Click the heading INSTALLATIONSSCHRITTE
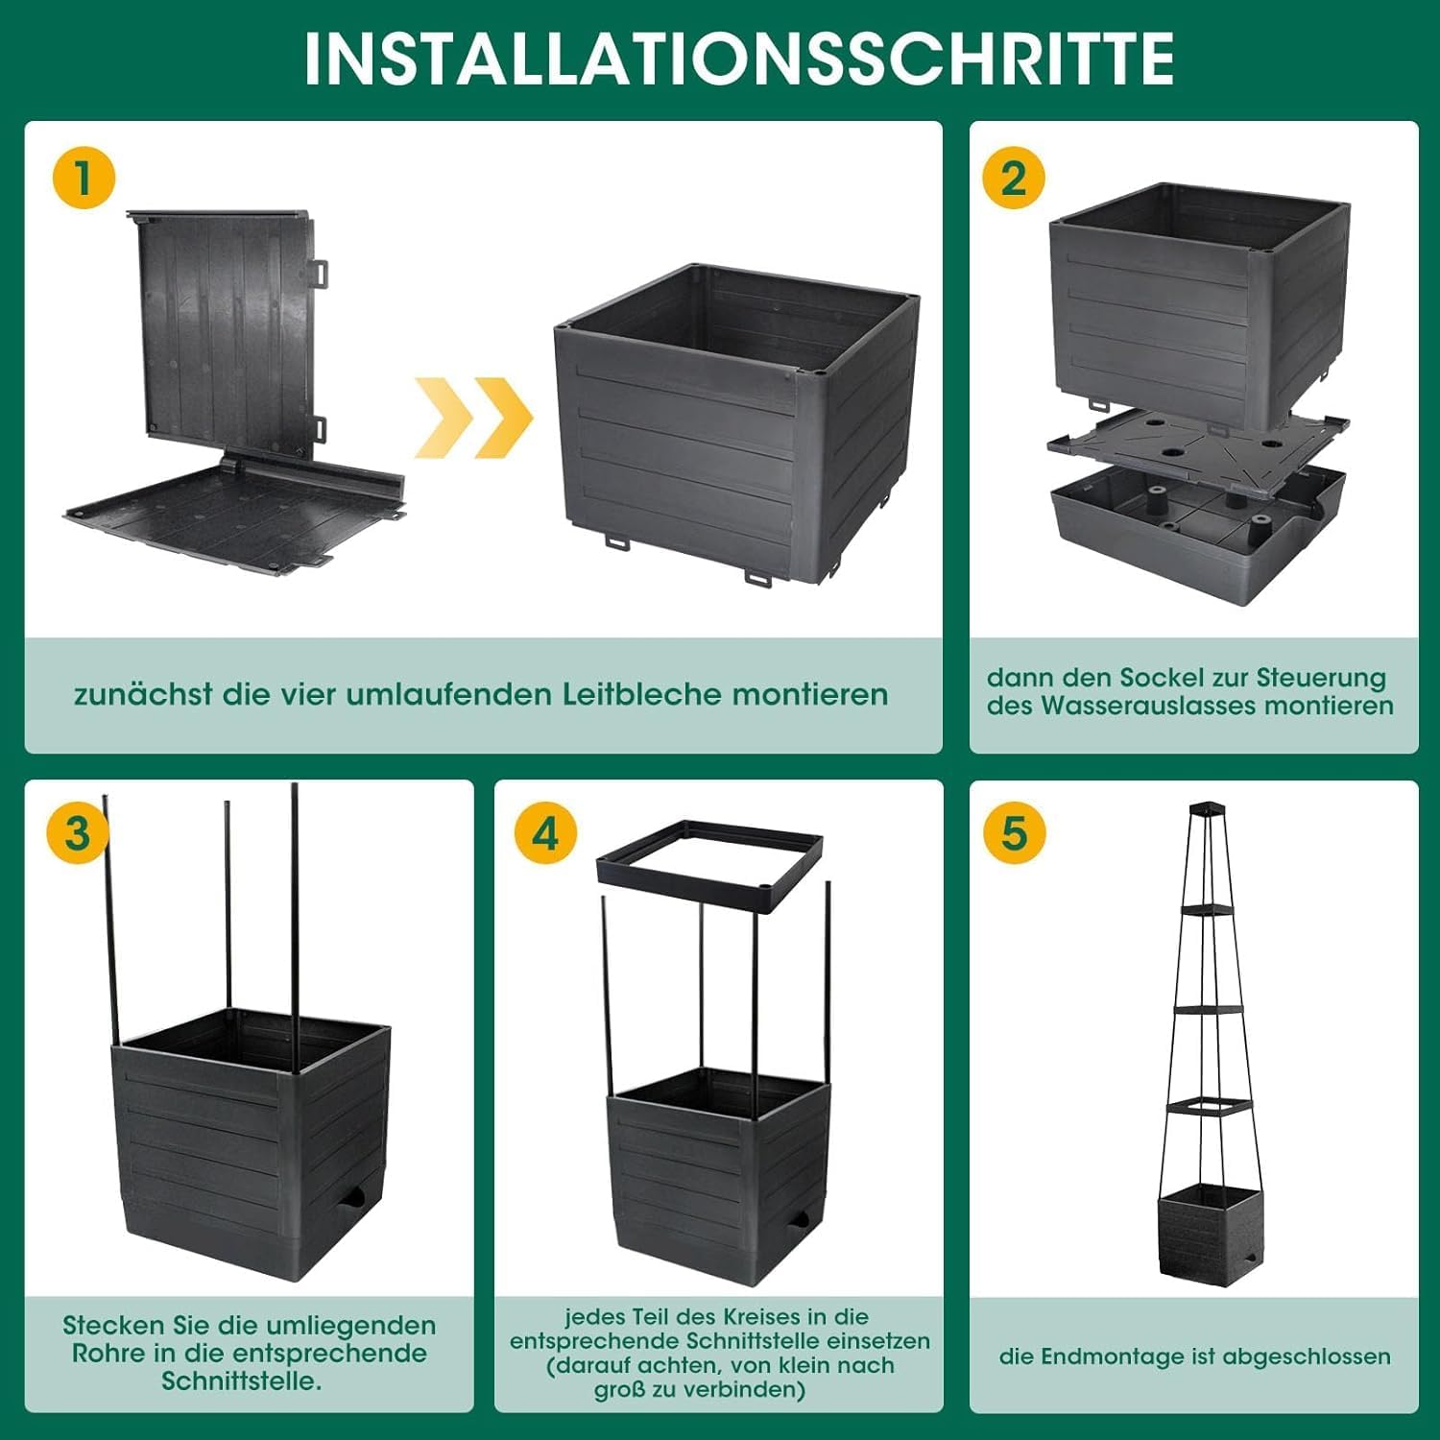pyautogui.click(x=738, y=58)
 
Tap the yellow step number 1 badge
pyautogui.click(x=84, y=179)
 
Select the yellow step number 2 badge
pyautogui.click(x=1014, y=179)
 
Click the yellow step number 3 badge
pyautogui.click(x=78, y=832)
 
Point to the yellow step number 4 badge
pyautogui.click(x=545, y=832)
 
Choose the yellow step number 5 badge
pyautogui.click(x=1015, y=832)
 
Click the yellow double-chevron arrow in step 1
pyautogui.click(x=474, y=418)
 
